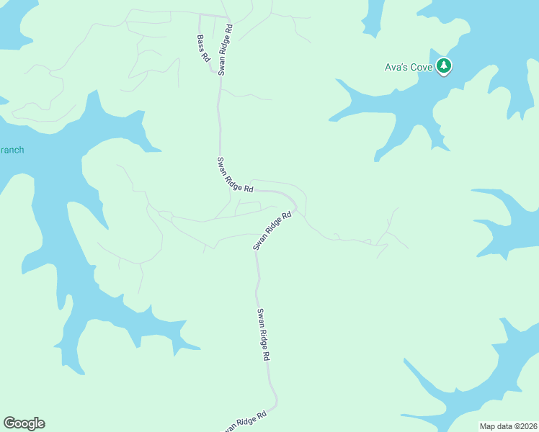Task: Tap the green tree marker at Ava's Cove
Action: [445, 66]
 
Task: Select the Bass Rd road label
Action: [203, 48]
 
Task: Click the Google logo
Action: [24, 423]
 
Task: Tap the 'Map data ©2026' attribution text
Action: [507, 426]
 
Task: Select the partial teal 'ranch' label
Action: [12, 150]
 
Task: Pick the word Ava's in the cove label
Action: [395, 68]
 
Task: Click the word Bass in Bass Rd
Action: [201, 42]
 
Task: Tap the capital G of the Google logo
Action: [9, 423]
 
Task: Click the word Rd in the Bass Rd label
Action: [206, 55]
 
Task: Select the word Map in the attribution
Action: [487, 426]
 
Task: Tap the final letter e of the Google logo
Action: [40, 424]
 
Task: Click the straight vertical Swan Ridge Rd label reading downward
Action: [264, 335]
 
